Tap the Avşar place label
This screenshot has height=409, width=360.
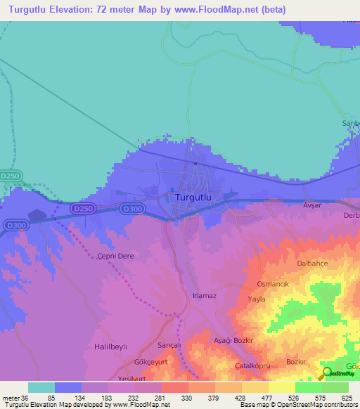point(311,206)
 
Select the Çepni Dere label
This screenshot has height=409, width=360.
point(115,257)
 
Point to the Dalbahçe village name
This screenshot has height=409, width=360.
point(314,264)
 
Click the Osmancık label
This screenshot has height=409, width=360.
point(274,284)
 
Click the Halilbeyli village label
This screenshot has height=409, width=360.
point(113,347)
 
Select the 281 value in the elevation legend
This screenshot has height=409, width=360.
point(160,397)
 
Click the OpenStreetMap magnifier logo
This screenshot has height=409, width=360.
point(326,374)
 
